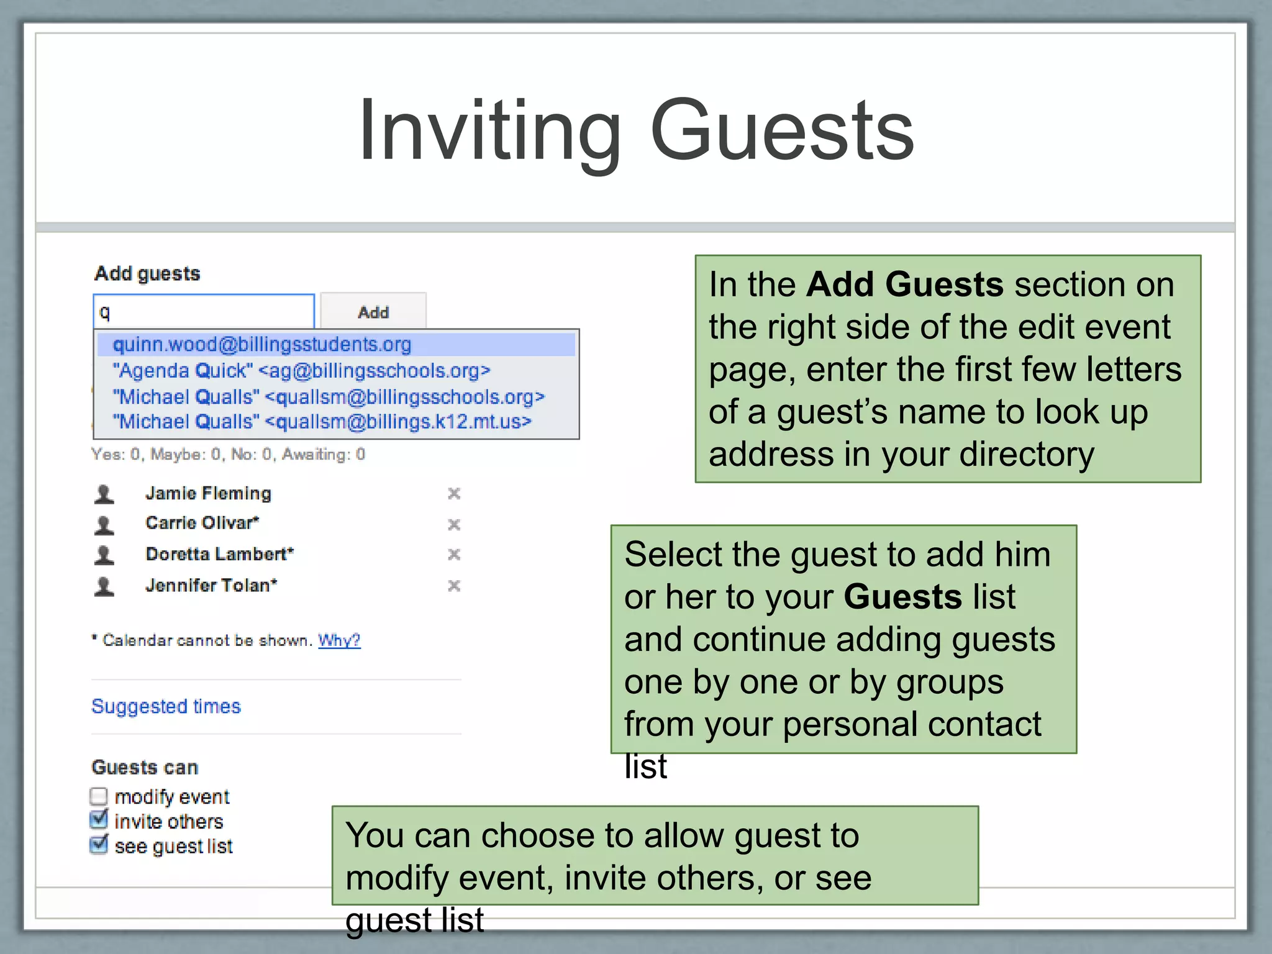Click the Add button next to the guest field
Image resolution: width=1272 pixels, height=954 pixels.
373,312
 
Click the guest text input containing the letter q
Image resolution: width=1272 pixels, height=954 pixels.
204,312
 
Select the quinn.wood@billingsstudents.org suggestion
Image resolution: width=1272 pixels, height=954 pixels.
261,344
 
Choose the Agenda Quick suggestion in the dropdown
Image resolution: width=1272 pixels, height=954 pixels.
301,371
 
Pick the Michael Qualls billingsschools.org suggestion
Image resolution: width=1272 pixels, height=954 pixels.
328,397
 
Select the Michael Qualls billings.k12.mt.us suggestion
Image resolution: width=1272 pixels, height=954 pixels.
322,422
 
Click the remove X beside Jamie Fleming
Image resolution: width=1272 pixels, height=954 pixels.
454,494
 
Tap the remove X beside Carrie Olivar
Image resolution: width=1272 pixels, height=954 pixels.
454,525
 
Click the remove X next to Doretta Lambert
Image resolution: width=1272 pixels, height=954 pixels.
454,554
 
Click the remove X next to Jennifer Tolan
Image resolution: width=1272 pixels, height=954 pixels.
454,586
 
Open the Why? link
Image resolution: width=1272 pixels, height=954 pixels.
339,640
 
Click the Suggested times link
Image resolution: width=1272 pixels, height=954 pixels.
166,706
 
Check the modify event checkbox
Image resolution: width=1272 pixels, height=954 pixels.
99,796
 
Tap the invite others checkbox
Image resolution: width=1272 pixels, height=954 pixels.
99,820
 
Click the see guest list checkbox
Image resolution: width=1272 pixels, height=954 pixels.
99,845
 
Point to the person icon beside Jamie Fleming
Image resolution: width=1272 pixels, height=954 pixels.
104,494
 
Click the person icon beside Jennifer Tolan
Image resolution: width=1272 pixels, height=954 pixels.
104,586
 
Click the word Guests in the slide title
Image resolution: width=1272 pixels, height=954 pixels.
782,132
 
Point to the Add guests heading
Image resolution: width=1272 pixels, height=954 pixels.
147,274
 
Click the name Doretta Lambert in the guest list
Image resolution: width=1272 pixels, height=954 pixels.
219,554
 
